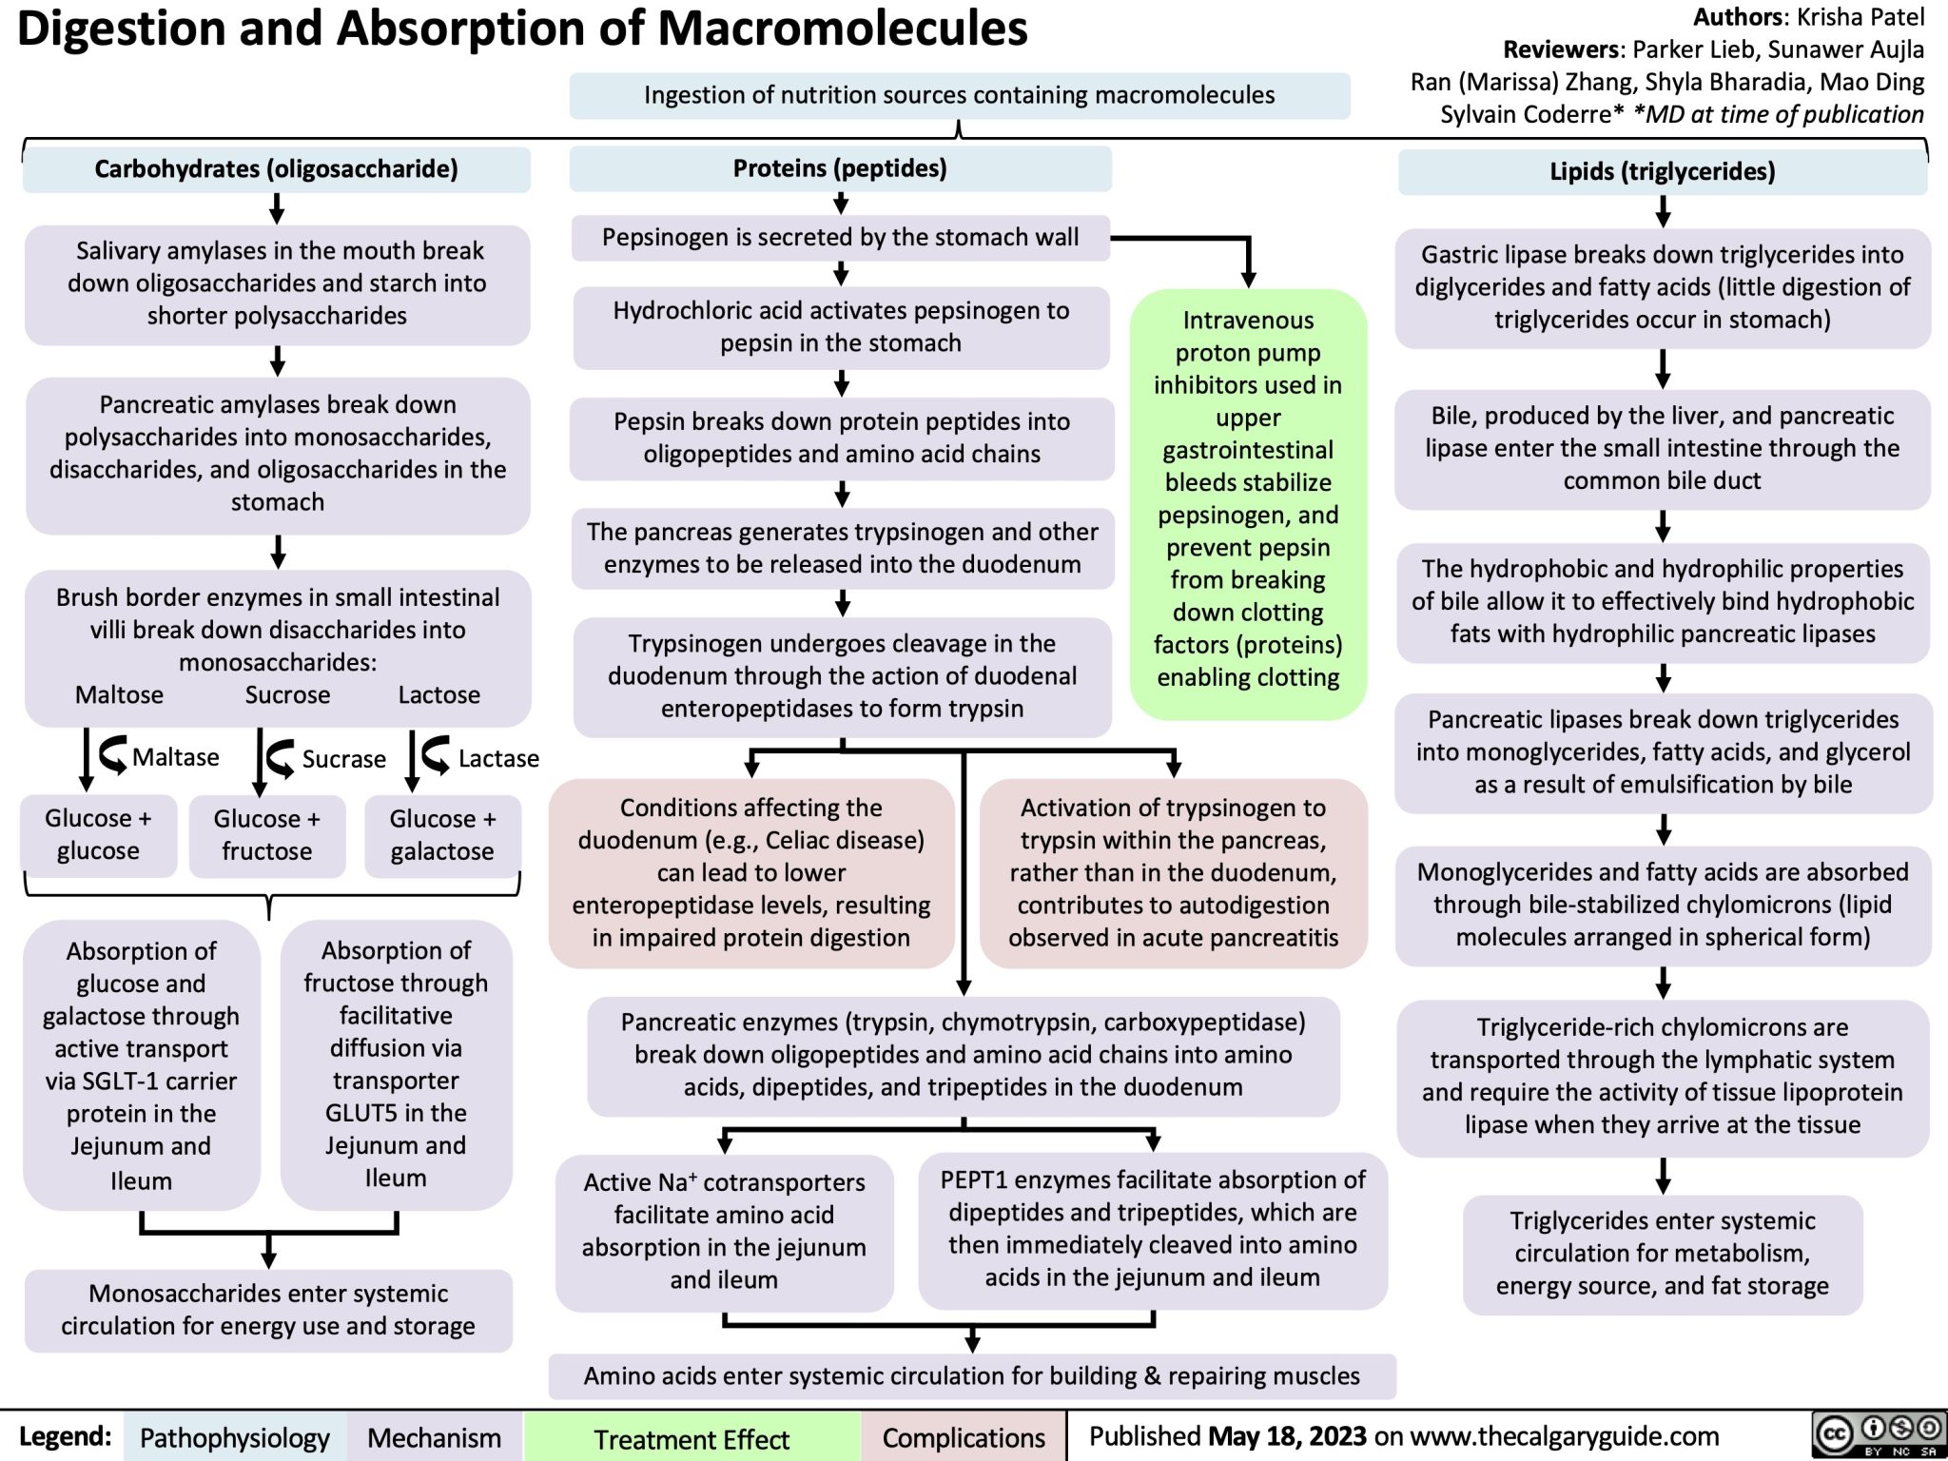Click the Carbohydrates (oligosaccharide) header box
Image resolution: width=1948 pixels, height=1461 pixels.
pos(276,169)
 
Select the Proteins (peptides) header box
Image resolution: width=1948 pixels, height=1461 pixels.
pos(840,168)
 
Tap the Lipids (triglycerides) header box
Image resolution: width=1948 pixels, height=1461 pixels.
pos(1662,171)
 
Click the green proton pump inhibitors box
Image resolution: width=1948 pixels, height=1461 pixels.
pos(1248,499)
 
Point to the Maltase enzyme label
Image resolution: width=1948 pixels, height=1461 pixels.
pos(175,757)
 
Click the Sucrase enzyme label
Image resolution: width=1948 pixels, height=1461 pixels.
pos(343,759)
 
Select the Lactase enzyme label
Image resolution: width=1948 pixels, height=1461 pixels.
pos(498,758)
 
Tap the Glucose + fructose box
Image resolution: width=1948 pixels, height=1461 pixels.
pos(266,835)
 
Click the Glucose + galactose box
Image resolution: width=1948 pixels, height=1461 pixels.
pos(442,835)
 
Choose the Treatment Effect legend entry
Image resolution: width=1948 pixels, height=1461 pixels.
pos(692,1439)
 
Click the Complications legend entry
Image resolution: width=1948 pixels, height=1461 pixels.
pos(964,1438)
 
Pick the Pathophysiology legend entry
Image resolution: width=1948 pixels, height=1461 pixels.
pos(234,1438)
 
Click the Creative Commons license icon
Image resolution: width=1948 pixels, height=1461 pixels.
pos(1876,1435)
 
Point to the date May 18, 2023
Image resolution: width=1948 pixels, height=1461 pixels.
pos(1287,1436)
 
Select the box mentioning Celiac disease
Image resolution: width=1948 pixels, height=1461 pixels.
pos(751,872)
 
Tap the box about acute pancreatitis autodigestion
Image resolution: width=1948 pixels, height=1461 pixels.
pos(1173,872)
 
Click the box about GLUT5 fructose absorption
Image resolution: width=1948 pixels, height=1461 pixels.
pos(396,1063)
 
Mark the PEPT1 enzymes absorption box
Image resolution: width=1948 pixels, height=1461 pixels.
pos(1152,1228)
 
